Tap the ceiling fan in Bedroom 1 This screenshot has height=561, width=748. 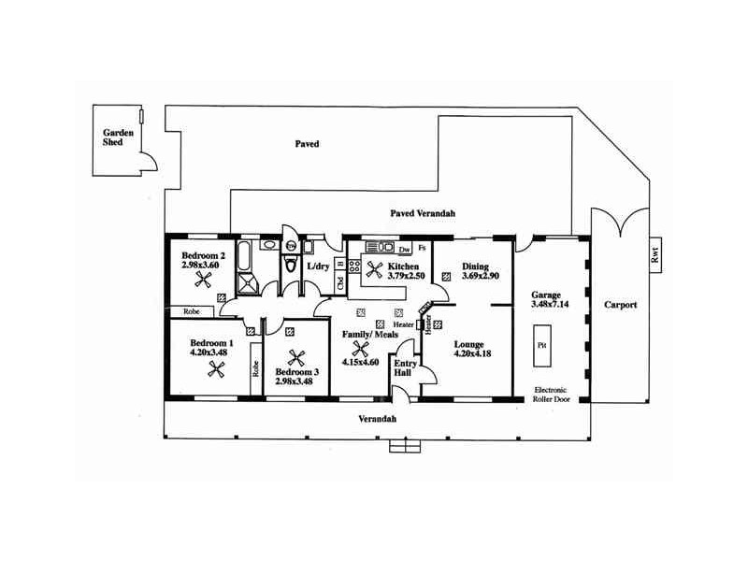(214, 369)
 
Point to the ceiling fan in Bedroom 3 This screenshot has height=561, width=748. (297, 358)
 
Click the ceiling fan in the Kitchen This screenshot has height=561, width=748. (375, 271)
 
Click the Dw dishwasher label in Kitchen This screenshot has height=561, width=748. (405, 251)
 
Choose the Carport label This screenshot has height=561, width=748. (620, 304)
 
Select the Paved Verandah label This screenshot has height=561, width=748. (422, 214)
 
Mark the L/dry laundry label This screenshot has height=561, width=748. (318, 266)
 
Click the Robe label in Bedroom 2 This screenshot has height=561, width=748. (192, 310)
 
